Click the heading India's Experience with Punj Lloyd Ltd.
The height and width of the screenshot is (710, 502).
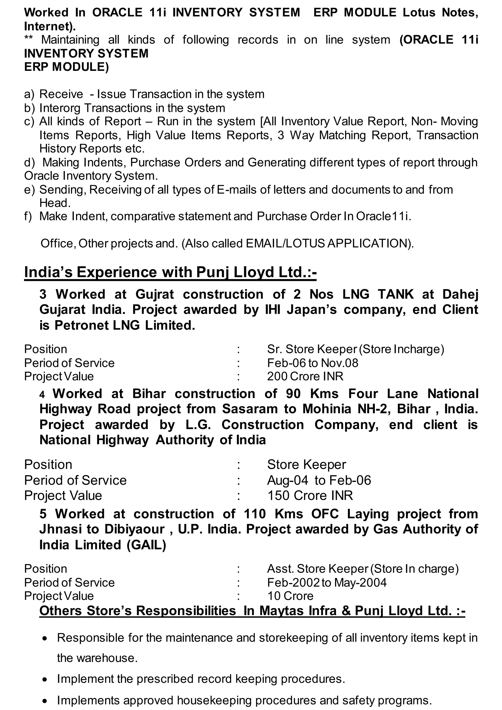[x=170, y=272]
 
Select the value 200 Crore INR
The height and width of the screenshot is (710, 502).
[x=305, y=376]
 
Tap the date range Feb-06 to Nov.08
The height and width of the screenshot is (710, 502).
[x=313, y=363]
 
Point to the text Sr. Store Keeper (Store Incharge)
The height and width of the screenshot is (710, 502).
[x=355, y=349]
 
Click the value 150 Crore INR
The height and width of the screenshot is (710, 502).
[x=310, y=496]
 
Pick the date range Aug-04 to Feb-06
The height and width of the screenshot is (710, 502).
[x=319, y=480]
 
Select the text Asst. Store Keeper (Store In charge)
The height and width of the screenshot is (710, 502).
[x=363, y=569]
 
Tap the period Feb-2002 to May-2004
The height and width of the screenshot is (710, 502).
[x=327, y=583]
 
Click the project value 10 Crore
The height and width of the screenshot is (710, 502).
[x=290, y=596]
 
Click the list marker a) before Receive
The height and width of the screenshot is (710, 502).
[x=29, y=94]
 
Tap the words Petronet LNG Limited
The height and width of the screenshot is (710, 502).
[x=125, y=325]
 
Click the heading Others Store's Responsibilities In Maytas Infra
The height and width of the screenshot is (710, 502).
[x=252, y=611]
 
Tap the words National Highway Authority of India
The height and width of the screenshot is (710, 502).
[x=153, y=440]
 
